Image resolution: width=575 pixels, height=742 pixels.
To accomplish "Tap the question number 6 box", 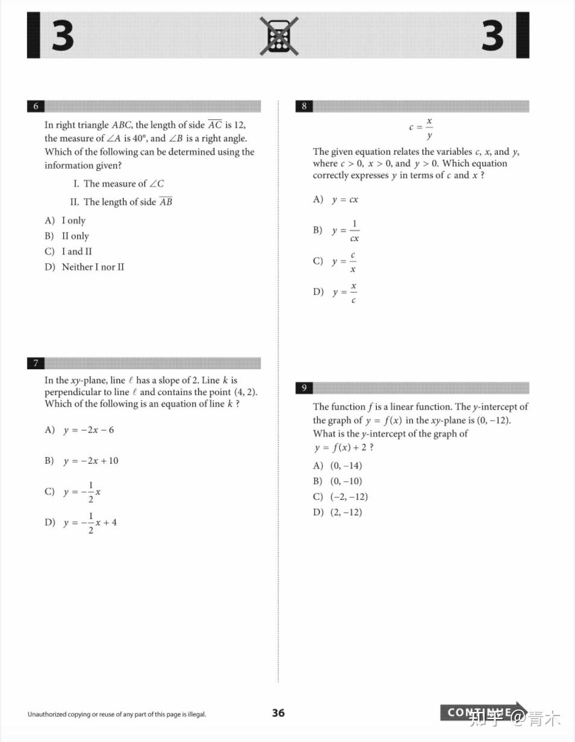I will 36,107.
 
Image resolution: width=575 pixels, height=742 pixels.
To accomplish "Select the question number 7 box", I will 36,363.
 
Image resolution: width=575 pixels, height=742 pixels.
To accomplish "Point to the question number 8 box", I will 304,107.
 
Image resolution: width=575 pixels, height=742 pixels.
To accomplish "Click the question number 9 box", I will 304,388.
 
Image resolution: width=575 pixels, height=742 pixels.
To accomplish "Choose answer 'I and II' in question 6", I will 76,252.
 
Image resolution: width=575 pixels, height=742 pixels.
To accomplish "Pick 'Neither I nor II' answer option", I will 92,267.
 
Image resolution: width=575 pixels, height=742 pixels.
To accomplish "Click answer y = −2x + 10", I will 90,461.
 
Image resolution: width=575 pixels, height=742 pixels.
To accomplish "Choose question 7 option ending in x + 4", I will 90,523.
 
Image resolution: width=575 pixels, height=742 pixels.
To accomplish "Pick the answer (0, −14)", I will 345,466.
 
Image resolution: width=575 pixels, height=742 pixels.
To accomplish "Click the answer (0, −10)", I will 345,481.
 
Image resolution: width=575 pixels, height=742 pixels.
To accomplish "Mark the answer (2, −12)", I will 345,513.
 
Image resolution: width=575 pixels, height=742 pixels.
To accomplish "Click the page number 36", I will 278,713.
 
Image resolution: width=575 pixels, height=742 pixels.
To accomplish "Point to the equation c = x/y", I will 421,128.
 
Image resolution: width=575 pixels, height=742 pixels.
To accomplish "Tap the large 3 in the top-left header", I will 62,36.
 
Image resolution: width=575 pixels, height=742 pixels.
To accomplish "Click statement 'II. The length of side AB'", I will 121,202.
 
